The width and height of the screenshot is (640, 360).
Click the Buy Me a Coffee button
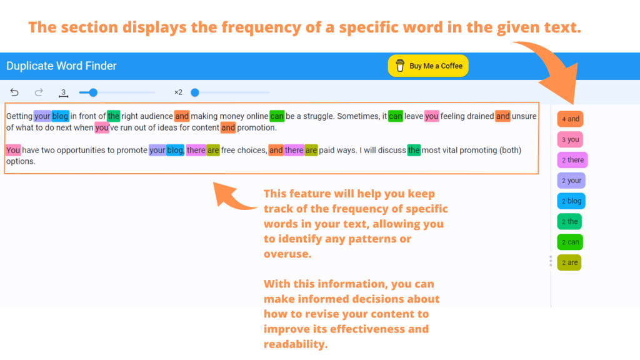tap(428, 66)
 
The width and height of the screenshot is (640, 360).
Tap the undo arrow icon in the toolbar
tap(15, 92)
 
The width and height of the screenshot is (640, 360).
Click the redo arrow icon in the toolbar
tap(39, 92)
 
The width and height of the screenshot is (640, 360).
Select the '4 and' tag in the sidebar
tap(570, 119)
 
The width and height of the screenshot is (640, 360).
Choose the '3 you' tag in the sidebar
tap(570, 139)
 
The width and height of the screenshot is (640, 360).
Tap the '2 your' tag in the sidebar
tap(571, 181)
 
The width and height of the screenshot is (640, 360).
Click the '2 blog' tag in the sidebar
tap(571, 201)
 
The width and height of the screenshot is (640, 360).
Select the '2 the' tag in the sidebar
tap(569, 222)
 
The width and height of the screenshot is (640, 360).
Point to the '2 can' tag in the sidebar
tap(570, 242)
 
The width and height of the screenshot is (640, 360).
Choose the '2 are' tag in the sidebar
tap(569, 262)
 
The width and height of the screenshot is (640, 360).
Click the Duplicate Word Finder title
tap(61, 66)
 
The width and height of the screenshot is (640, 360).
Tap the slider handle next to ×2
tap(195, 92)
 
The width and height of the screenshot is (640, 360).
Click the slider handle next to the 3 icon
tap(93, 92)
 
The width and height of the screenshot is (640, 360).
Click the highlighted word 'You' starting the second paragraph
tap(13, 150)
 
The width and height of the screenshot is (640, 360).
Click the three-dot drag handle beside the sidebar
tap(551, 261)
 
